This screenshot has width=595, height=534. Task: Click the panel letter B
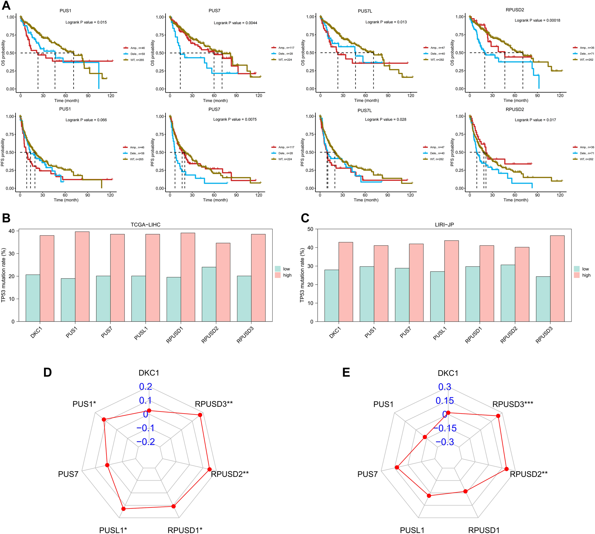[x=6, y=218]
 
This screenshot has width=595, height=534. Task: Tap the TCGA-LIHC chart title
[x=145, y=225]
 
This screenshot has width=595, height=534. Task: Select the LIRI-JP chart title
[x=444, y=225]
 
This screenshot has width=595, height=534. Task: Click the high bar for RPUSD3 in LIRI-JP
[x=557, y=279]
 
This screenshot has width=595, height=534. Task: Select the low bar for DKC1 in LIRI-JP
[x=332, y=296]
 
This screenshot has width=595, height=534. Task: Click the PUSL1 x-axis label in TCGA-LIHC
[x=141, y=334]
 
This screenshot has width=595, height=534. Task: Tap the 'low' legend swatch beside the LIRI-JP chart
[x=577, y=269]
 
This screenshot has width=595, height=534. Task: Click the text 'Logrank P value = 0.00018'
[x=537, y=20]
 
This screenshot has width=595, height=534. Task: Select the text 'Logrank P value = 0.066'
[x=86, y=120]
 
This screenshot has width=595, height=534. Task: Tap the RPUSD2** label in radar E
[x=529, y=474]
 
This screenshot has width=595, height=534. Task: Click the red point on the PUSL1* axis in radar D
[x=124, y=509]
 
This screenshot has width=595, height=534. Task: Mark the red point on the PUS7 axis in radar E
[x=397, y=467]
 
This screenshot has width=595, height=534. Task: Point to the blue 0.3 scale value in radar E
[x=445, y=387]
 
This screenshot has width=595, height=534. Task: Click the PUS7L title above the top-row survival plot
[x=365, y=11]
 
